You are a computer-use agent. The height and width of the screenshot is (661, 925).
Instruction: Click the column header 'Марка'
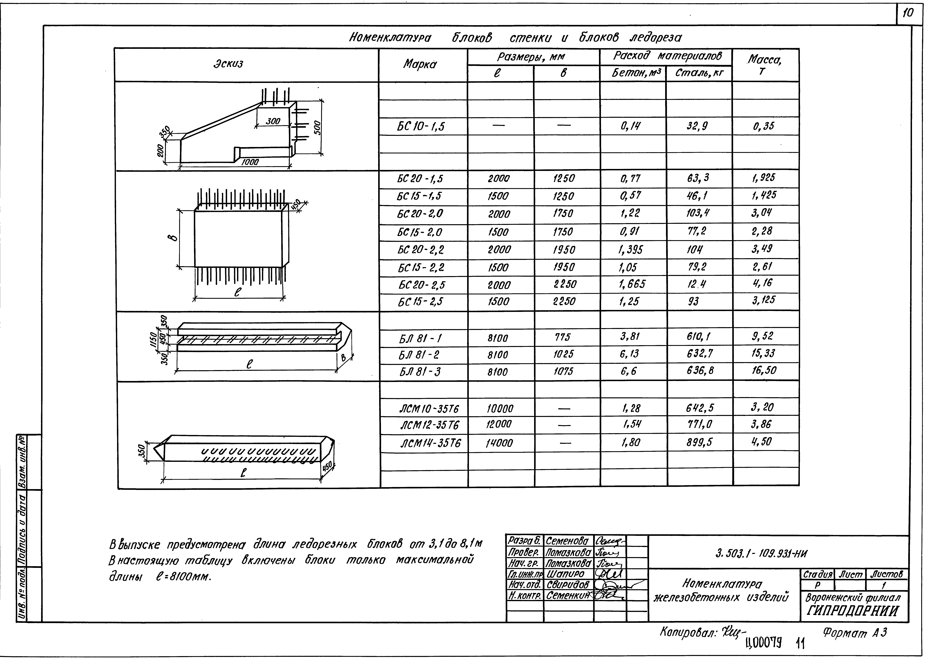coord(420,64)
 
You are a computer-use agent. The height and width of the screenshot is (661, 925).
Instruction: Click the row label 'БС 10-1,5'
coord(421,127)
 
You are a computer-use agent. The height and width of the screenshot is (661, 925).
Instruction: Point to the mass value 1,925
coord(763,178)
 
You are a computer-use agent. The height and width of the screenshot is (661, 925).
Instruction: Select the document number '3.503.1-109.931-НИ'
coord(761,554)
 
